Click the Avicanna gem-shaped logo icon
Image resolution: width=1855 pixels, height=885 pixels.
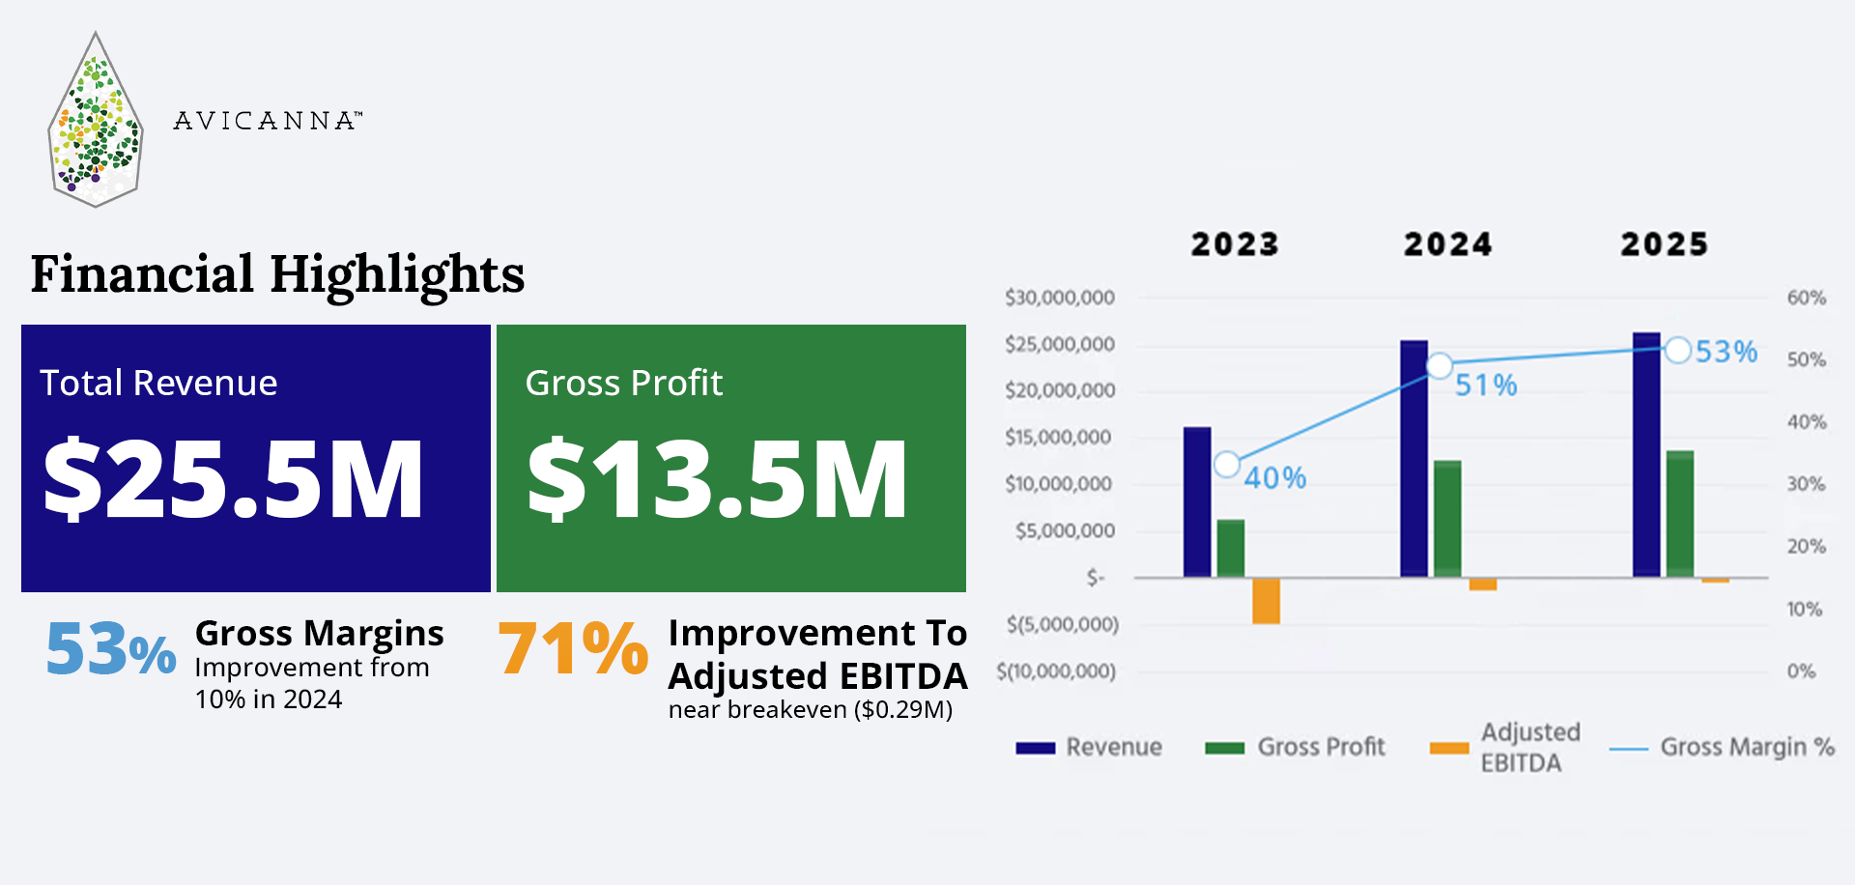point(95,121)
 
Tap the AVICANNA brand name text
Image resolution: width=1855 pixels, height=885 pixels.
point(267,121)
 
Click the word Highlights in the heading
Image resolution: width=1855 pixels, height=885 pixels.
point(397,274)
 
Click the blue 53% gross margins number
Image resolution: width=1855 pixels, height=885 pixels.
point(110,649)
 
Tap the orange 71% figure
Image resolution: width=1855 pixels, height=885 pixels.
point(572,647)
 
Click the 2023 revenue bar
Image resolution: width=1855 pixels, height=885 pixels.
point(1197,501)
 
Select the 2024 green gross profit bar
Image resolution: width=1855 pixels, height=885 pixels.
point(1447,518)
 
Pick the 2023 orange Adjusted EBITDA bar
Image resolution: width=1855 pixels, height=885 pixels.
point(1266,600)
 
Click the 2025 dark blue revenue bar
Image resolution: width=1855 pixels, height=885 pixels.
point(1646,454)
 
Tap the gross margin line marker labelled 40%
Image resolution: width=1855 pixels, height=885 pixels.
point(1227,465)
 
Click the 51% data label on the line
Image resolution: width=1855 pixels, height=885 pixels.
point(1486,385)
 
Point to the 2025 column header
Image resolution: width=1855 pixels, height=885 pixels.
point(1664,244)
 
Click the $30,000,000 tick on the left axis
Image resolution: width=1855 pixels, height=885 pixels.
point(1059,298)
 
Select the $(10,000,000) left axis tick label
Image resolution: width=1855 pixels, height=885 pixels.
point(1056,671)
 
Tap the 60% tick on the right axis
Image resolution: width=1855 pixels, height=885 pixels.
point(1806,298)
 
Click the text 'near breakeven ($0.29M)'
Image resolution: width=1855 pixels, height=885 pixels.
point(810,710)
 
